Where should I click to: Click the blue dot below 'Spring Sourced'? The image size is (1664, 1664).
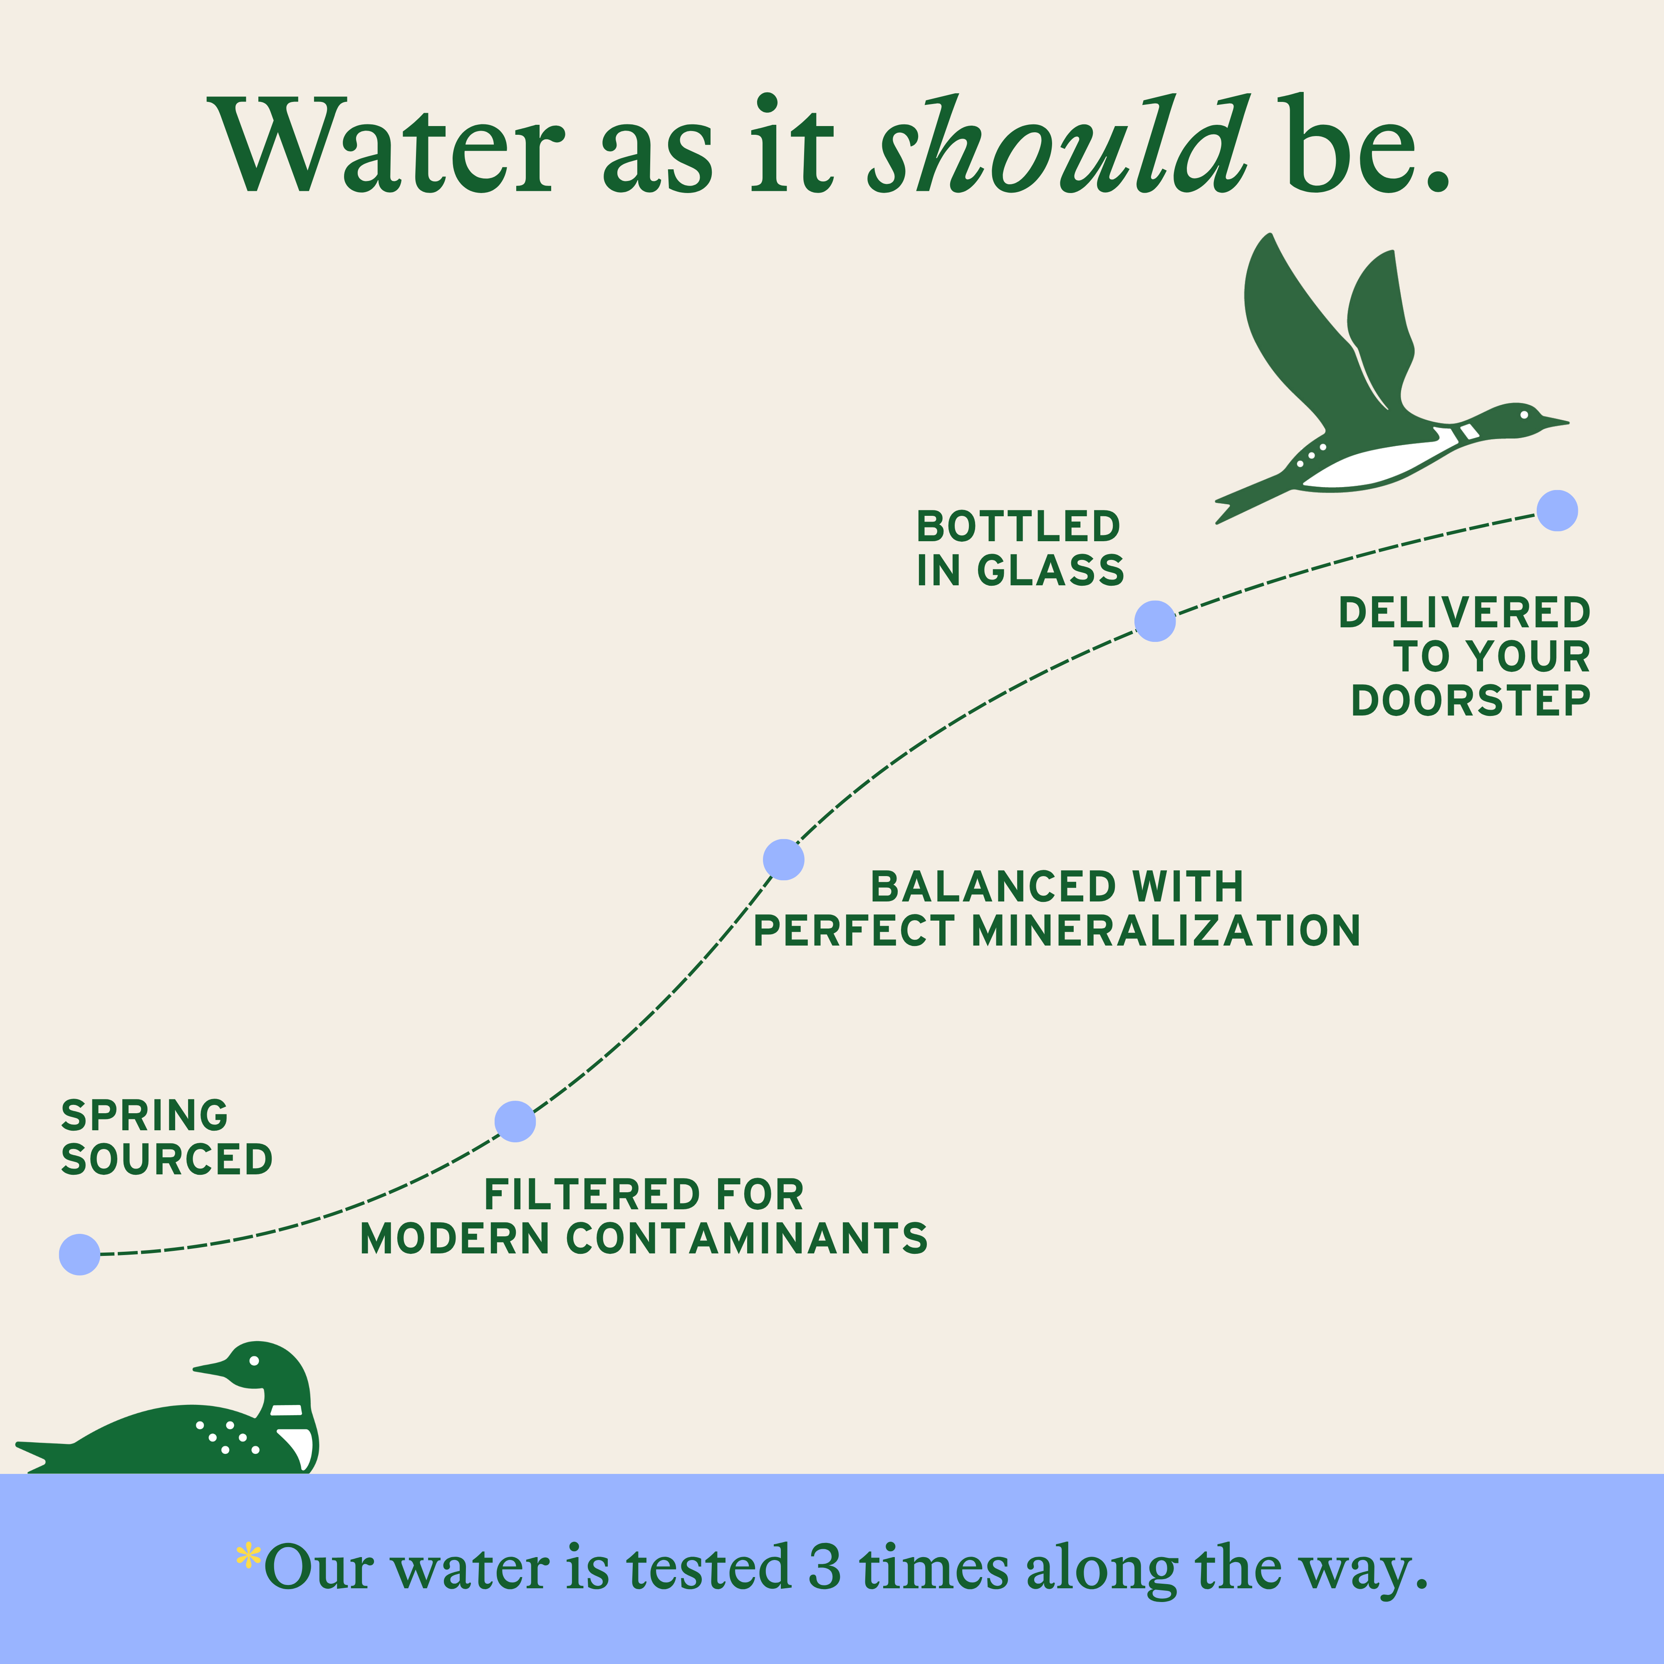79,1254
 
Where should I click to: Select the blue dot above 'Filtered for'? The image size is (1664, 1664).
515,1122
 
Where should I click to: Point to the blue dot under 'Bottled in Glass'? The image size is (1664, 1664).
1155,621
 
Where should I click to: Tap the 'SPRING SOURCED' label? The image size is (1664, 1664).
166,1137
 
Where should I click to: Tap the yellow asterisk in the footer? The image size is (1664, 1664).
248,1555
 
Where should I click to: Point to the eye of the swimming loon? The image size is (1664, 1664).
254,1361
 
